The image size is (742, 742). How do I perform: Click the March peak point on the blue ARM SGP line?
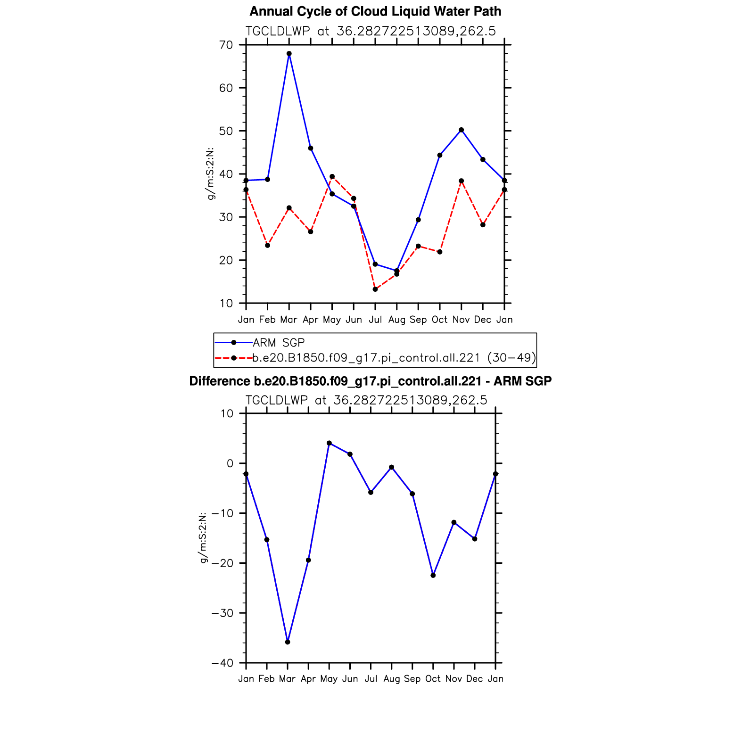coord(289,54)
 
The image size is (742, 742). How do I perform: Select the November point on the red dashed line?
coord(461,181)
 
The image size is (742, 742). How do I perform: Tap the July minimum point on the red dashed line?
coord(375,289)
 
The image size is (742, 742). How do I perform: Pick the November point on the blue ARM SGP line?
coord(461,130)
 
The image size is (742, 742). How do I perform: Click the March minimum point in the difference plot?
coord(288,642)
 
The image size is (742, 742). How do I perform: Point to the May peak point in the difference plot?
coord(329,443)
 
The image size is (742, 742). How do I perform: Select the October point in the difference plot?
coord(433,575)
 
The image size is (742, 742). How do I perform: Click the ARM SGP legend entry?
coord(279,343)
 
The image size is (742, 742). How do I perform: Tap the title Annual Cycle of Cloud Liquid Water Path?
coord(375,11)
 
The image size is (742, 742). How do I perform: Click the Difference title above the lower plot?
coord(371,381)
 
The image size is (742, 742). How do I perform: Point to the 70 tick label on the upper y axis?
coord(226,45)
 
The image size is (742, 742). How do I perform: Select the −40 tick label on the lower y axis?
coord(222,663)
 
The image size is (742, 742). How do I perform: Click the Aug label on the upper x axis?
coord(397,320)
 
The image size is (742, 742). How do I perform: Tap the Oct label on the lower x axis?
coord(433,679)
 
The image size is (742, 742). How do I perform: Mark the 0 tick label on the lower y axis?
coord(230,463)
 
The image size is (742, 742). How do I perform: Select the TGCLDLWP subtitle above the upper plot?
coord(371,31)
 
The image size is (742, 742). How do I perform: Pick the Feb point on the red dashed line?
coord(267,245)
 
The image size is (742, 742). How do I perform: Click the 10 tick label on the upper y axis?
coord(226,303)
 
